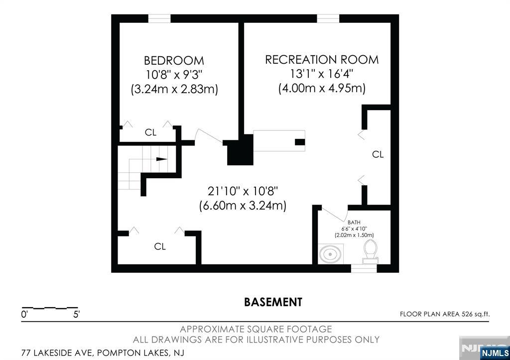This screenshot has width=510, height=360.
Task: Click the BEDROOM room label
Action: pyautogui.click(x=174, y=60)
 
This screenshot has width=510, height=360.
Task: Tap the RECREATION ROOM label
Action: pyautogui.click(x=322, y=60)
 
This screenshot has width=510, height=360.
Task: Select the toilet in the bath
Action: pyautogui.click(x=370, y=251)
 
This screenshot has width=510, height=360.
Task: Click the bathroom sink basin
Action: pyautogui.click(x=330, y=253)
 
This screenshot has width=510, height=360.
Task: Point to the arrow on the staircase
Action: pyautogui.click(x=162, y=159)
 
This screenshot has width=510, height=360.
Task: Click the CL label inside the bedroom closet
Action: pyautogui.click(x=150, y=132)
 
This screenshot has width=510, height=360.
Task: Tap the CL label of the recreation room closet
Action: pyautogui.click(x=378, y=154)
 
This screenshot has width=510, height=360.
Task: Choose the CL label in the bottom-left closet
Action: pyautogui.click(x=160, y=246)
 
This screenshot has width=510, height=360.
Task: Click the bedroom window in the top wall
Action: pyautogui.click(x=159, y=18)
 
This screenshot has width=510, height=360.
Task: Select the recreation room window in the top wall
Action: pyautogui.click(x=328, y=18)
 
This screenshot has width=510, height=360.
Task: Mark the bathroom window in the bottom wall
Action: pyautogui.click(x=364, y=268)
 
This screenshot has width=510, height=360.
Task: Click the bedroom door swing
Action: pyautogui.click(x=209, y=135)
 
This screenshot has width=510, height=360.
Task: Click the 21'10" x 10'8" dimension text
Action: pyautogui.click(x=243, y=191)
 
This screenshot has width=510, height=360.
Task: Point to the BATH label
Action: pyautogui.click(x=354, y=223)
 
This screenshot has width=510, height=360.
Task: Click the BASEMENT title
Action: pyautogui.click(x=273, y=302)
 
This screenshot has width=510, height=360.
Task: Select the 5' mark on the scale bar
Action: pyautogui.click(x=76, y=315)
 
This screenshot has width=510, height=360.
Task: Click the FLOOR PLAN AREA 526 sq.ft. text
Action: pyautogui.click(x=445, y=314)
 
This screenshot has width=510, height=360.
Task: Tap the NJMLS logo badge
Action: pyautogui.click(x=495, y=353)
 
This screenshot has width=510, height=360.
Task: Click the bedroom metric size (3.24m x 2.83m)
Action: pyautogui.click(x=174, y=89)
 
